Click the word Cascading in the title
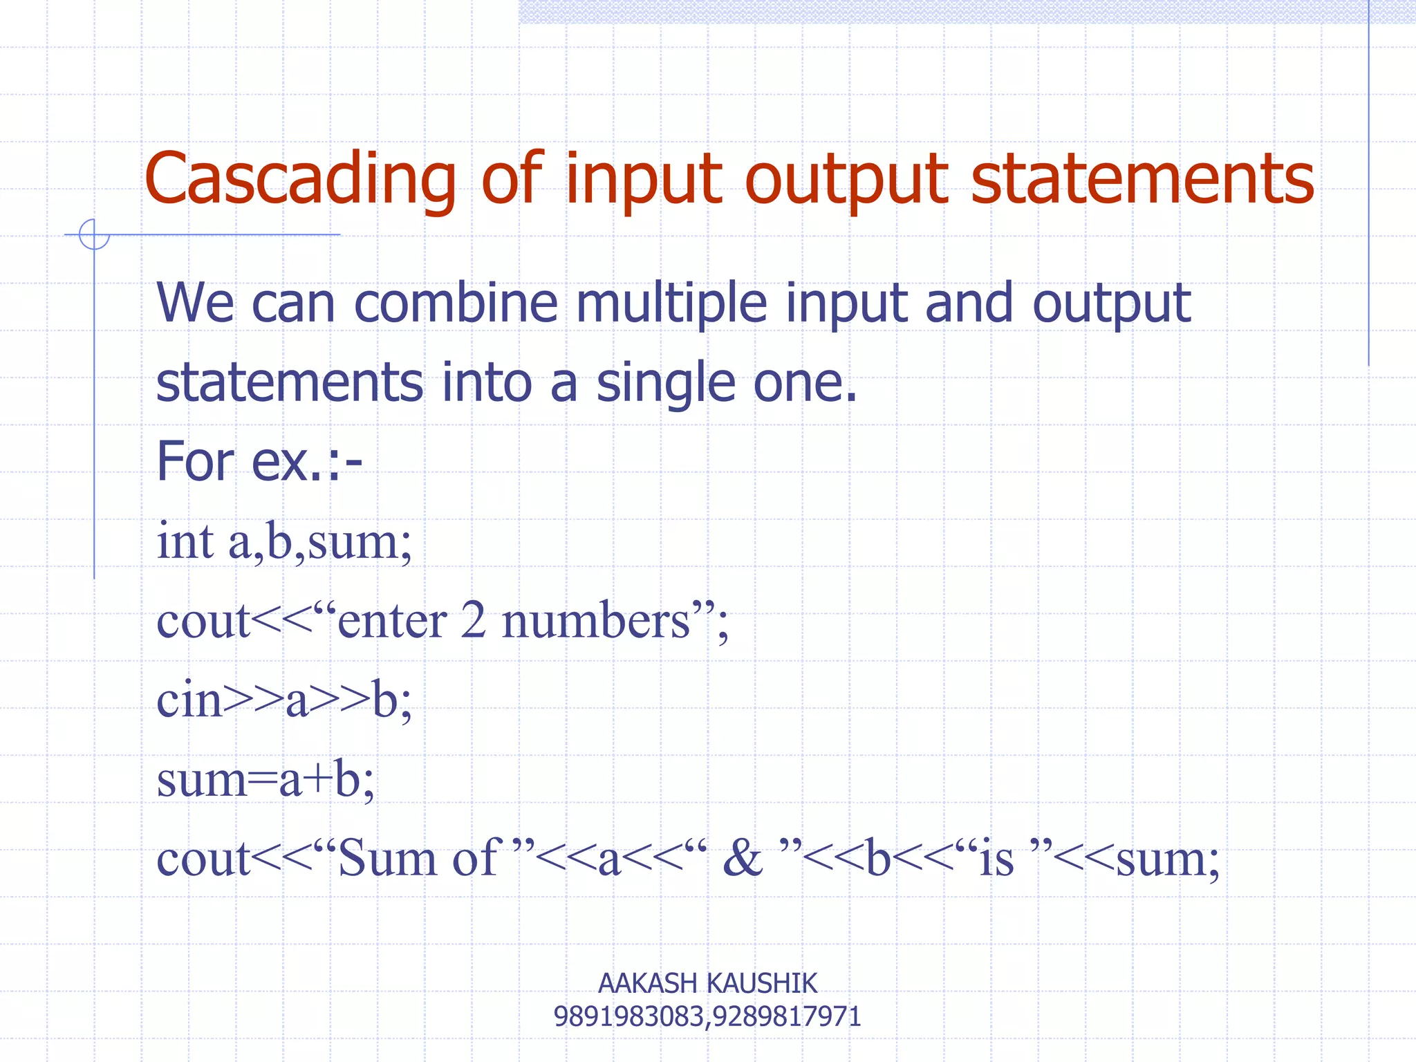[301, 180]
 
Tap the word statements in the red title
[1142, 180]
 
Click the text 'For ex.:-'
[259, 462]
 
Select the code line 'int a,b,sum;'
[284, 541]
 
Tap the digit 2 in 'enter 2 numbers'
[474, 620]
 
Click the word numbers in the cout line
[596, 620]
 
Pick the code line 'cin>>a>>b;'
[284, 700]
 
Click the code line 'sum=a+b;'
[265, 779]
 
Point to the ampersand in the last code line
[742, 859]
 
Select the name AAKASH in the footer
[647, 983]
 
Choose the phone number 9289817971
[787, 1017]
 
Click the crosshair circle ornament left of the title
[94, 234]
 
